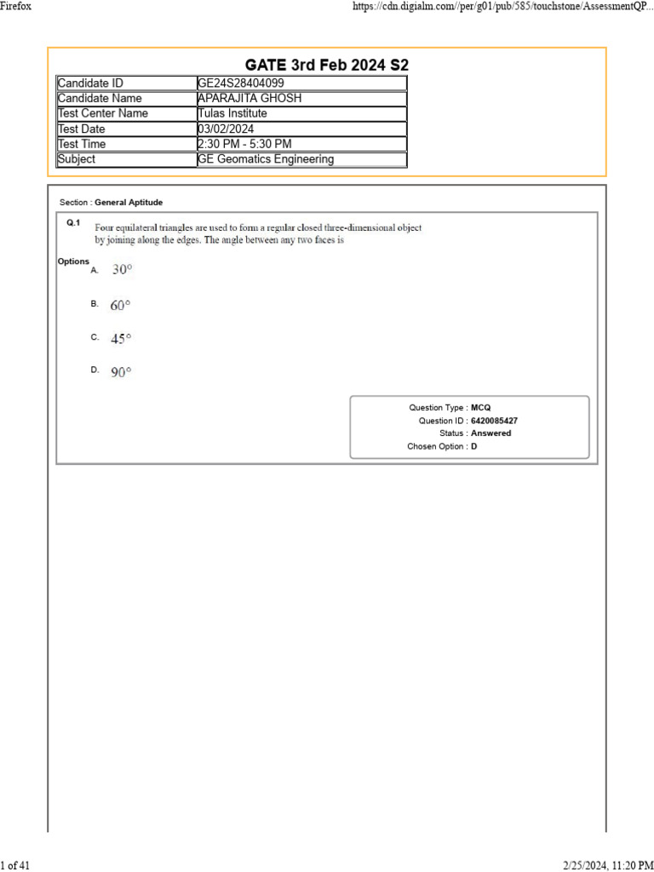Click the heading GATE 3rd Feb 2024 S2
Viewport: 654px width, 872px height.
tap(327, 65)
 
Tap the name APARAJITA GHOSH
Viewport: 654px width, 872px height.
tap(249, 99)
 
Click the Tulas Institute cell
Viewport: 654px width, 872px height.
tap(232, 113)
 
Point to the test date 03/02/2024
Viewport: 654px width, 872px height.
tap(226, 129)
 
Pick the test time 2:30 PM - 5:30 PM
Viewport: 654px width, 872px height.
tap(244, 144)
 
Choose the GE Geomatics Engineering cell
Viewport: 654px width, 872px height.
tap(266, 159)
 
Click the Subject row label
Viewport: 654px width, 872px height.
tap(77, 159)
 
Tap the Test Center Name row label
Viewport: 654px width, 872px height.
tap(102, 113)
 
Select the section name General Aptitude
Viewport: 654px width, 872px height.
tap(129, 203)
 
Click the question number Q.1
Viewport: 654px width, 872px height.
tap(73, 223)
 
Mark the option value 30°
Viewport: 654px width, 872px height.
tap(122, 270)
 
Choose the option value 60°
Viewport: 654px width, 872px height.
tap(120, 305)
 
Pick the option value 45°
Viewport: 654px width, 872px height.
tap(121, 339)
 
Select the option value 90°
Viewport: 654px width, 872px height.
tap(121, 372)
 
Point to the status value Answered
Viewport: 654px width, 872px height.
tap(490, 433)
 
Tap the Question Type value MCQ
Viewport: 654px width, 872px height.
tap(480, 408)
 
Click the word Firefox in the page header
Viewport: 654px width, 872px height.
tap(16, 7)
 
